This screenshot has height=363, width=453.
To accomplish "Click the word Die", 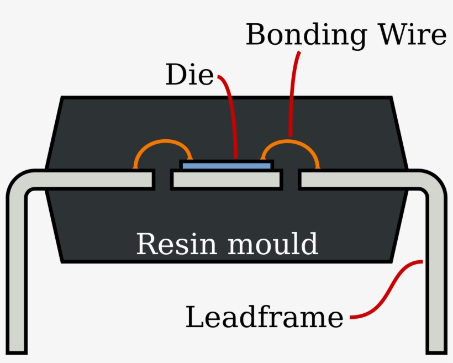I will [x=189, y=76].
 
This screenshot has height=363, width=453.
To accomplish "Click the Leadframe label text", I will [x=264, y=318].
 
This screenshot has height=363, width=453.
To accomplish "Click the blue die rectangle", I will [x=227, y=166].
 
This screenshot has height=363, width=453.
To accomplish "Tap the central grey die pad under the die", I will [x=227, y=180].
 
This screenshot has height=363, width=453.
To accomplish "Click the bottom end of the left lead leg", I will [x=17, y=347].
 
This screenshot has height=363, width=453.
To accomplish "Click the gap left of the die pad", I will [x=162, y=180].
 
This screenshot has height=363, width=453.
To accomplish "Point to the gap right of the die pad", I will [x=291, y=180].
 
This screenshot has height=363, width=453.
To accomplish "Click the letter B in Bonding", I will [x=256, y=35].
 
